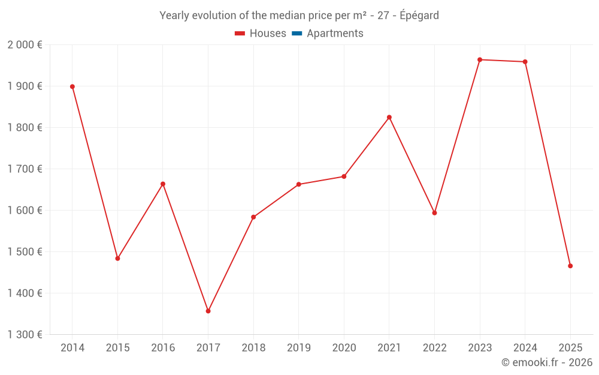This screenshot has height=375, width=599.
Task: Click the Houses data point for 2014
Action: click(x=72, y=86)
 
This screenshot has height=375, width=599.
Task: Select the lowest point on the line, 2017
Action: click(x=208, y=311)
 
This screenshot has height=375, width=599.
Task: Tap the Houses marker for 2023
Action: click(x=480, y=59)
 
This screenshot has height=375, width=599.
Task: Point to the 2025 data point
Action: click(x=570, y=266)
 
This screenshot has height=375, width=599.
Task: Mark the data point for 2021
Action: click(x=389, y=117)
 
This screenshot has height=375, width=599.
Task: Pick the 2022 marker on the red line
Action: click(x=434, y=213)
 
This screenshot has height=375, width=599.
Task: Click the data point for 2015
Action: click(x=117, y=259)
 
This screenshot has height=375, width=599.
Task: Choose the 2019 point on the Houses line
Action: click(x=299, y=184)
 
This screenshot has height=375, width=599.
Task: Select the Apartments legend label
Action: click(x=335, y=34)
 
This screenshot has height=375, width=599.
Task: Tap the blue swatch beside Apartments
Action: click(x=297, y=34)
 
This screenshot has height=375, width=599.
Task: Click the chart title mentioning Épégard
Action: click(x=299, y=16)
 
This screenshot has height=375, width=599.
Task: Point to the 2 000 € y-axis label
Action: click(x=25, y=45)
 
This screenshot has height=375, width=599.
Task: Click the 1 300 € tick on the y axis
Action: click(x=25, y=335)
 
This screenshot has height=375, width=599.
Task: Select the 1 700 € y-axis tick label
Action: click(x=25, y=169)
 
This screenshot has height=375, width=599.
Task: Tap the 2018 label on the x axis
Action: click(x=253, y=348)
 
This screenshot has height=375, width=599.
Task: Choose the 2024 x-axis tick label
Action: click(x=525, y=348)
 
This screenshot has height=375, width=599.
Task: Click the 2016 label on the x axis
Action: click(x=163, y=348)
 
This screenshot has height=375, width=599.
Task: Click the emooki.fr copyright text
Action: click(x=547, y=362)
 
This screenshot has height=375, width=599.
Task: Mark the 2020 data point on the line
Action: click(x=344, y=176)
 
